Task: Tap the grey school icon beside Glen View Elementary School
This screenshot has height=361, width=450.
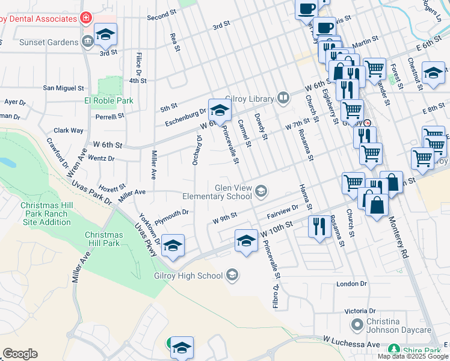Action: (x=261, y=192)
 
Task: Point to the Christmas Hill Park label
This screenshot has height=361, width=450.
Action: (x=103, y=239)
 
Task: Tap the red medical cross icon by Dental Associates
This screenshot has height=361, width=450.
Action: (x=86, y=18)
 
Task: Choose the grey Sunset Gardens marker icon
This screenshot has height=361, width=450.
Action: (x=88, y=42)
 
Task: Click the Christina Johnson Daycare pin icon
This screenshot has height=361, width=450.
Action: (x=357, y=325)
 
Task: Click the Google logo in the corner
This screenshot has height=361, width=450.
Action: (x=20, y=354)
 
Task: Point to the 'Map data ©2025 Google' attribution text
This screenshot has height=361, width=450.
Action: (x=413, y=356)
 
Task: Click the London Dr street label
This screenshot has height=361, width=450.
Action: (x=351, y=283)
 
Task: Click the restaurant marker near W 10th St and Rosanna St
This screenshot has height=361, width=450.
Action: (x=318, y=226)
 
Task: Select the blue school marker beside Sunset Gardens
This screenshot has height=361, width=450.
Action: (x=105, y=35)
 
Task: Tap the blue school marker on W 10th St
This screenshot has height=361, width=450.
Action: (x=245, y=241)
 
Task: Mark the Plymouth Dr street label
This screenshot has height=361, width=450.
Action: (x=171, y=213)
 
